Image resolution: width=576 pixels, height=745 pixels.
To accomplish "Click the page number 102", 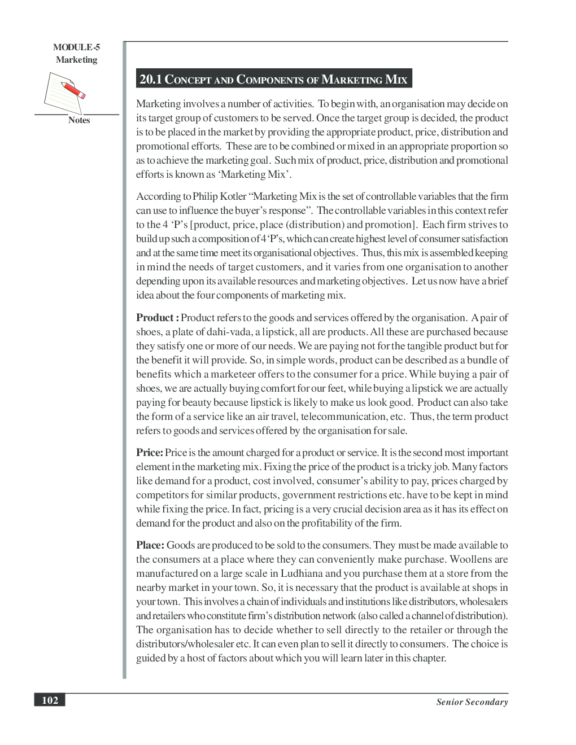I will (50, 700).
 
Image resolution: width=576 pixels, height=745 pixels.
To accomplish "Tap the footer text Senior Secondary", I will (472, 702).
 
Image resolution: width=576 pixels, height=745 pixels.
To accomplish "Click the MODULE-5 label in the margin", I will (76, 48).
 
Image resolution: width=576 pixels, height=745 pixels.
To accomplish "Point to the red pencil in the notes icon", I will (74, 90).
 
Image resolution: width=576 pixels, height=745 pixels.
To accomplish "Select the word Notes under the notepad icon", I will (78, 120).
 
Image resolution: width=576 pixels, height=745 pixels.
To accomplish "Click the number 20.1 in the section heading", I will (150, 80).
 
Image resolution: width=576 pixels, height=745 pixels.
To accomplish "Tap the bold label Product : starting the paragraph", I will (158, 318).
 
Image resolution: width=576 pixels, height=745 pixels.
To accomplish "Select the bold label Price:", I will (150, 453).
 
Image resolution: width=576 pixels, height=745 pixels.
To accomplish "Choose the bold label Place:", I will (150, 545).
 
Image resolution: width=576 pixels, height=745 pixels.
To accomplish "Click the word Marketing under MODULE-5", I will (76, 60).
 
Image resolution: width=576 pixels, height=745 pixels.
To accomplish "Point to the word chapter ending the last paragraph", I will (429, 658).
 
